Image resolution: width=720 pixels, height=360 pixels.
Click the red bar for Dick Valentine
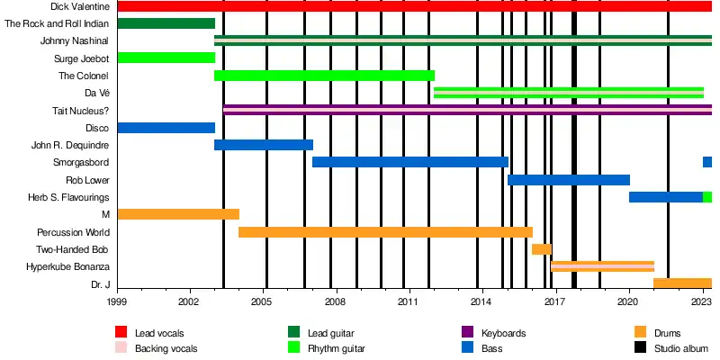(414, 6)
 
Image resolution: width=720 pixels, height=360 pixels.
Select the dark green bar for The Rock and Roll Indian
(166, 23)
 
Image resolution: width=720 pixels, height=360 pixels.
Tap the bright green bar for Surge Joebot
(166, 58)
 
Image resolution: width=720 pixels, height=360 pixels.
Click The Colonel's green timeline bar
(324, 76)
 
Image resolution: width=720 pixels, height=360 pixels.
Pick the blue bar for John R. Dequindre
(263, 145)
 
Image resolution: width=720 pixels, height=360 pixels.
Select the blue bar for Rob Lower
(568, 180)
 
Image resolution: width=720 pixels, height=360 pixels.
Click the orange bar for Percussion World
(385, 232)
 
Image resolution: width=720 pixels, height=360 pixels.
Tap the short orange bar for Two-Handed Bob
(541, 249)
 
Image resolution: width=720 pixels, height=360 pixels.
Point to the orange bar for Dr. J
(681, 283)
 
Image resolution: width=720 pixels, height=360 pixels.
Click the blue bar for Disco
(166, 128)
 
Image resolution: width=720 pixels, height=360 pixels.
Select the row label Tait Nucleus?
(81, 111)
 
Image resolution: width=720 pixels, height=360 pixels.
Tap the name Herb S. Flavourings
(69, 197)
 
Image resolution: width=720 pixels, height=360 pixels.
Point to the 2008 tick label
(336, 305)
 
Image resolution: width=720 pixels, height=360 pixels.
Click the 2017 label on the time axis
(554, 305)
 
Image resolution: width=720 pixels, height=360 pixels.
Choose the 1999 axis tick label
(117, 305)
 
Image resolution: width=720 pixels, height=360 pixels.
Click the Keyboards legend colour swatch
(467, 333)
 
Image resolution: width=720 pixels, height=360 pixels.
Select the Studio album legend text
(681, 347)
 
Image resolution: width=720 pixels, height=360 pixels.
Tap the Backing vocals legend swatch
(121, 347)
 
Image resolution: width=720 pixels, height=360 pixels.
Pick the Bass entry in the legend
(491, 347)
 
